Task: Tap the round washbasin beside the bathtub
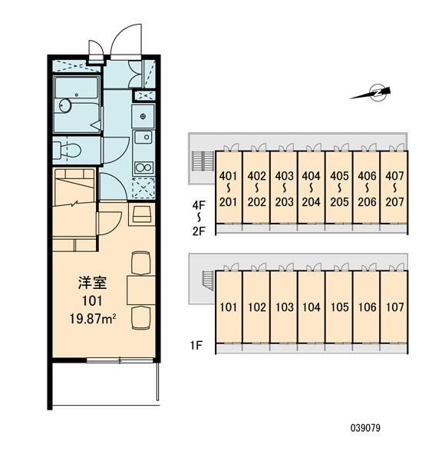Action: [65, 105]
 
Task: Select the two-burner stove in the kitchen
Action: [143, 167]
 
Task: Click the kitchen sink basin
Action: [143, 138]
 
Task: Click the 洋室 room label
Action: [93, 282]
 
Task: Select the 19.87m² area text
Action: [93, 319]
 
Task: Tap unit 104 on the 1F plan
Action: [312, 307]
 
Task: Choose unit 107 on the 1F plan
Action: [394, 307]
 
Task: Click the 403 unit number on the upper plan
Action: [284, 176]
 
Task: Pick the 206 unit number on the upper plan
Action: [367, 202]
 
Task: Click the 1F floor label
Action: [196, 345]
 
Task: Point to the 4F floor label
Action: [199, 205]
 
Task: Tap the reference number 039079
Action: [365, 428]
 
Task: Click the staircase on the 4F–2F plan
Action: [203, 161]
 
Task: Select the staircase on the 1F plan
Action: [208, 280]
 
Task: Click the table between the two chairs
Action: [141, 290]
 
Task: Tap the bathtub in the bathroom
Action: [77, 88]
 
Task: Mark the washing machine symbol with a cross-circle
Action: [143, 116]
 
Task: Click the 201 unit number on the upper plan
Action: [228, 202]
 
